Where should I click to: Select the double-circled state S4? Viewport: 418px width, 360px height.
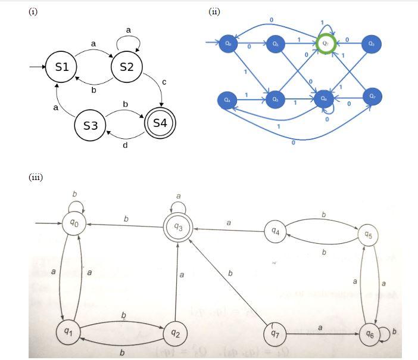(x=160, y=123)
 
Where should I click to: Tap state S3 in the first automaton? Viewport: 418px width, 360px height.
(x=91, y=126)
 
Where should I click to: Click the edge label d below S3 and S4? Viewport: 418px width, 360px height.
(x=125, y=146)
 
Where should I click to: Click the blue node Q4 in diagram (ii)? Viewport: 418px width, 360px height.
(x=226, y=100)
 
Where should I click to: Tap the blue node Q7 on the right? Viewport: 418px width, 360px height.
(x=372, y=97)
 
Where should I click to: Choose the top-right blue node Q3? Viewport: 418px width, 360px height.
(x=372, y=44)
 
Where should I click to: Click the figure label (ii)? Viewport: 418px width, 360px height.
(x=214, y=11)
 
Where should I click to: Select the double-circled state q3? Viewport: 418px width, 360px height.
(x=178, y=226)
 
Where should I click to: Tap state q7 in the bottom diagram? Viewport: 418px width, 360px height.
(x=274, y=334)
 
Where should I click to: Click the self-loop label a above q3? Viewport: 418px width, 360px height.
(x=178, y=196)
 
